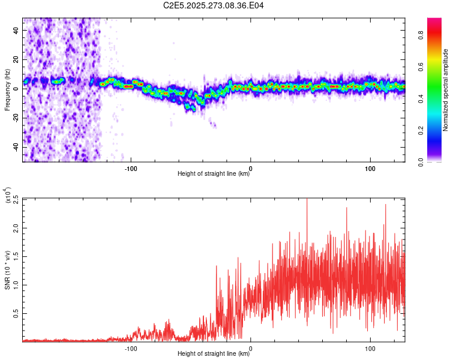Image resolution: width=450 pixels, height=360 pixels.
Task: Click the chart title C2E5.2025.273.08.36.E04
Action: tap(214, 5)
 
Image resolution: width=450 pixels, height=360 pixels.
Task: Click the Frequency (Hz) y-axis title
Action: tap(7, 89)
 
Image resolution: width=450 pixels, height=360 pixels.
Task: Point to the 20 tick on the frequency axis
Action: tap(17, 59)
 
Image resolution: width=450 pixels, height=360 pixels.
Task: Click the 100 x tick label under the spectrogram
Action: tap(370, 167)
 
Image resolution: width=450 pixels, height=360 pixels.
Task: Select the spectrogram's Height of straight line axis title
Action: tap(214, 174)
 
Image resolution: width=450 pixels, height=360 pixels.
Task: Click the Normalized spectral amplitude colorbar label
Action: tap(446, 90)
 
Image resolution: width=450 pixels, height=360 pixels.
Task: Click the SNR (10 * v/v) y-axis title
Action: tap(7, 269)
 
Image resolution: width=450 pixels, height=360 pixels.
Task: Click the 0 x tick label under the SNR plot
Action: tap(250, 347)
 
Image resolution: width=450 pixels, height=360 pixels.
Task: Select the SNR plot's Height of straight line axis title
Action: tap(214, 354)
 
